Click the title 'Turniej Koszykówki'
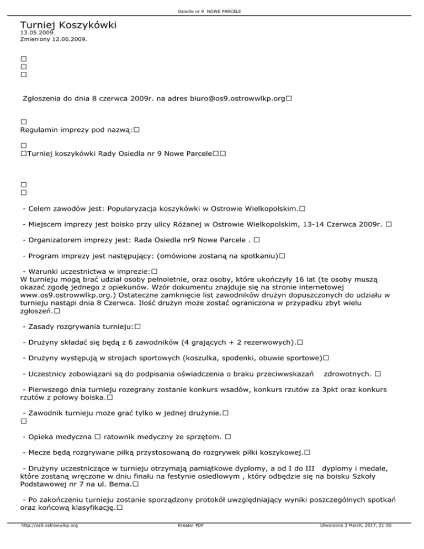tap(68, 25)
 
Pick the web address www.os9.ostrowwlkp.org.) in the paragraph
tap(65, 295)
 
